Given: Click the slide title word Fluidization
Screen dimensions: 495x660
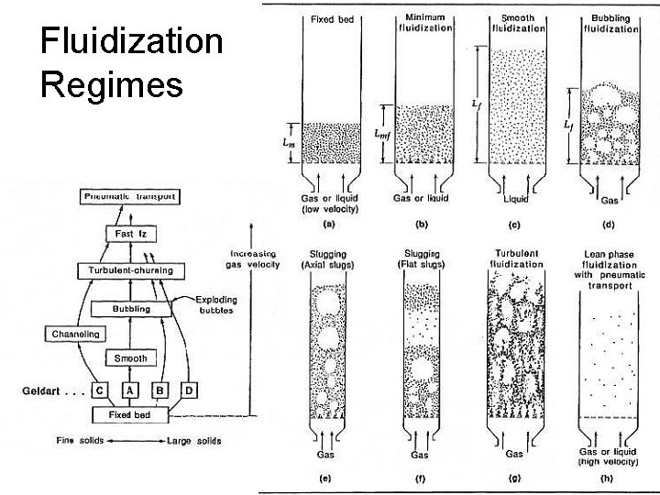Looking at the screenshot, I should coord(132,42).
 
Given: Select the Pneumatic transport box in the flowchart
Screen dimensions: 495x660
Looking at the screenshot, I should coord(129,196).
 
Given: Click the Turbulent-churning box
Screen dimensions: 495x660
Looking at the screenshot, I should coord(130,271).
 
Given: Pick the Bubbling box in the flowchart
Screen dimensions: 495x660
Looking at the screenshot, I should coord(130,310).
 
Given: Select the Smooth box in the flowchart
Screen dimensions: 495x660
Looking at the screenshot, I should coord(130,357).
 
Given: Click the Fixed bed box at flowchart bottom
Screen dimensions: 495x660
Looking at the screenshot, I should coord(130,414).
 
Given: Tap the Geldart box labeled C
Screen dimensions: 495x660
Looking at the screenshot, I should coord(98,390).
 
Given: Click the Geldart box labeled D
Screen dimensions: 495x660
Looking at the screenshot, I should coord(189,390).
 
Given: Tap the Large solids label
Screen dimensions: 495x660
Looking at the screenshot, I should coord(194,441).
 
